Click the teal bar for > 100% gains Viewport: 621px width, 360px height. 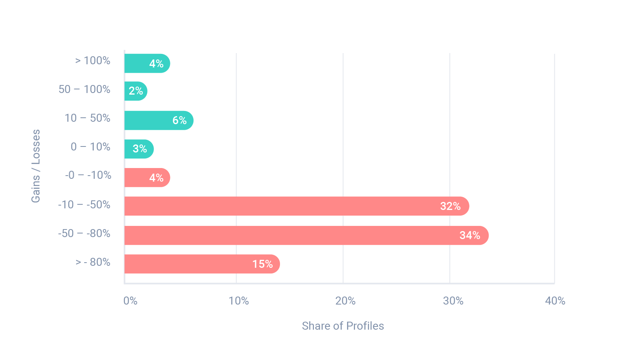pyautogui.click(x=147, y=63)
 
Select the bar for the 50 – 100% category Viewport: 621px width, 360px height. pyautogui.click(x=136, y=91)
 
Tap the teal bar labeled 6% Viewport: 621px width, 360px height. pyautogui.click(x=159, y=121)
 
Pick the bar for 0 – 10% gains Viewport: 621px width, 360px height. pyautogui.click(x=139, y=149)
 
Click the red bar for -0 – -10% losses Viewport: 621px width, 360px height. pyautogui.click(x=147, y=178)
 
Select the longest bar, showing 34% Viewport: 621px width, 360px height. pyautogui.click(x=306, y=235)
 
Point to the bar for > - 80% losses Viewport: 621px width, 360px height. pyautogui.click(x=202, y=264)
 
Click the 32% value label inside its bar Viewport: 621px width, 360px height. pyautogui.click(x=450, y=206)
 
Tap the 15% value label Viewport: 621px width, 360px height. pyautogui.click(x=262, y=264)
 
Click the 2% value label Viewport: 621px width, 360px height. pyautogui.click(x=136, y=91)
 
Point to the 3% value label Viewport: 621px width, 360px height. pyautogui.click(x=140, y=149)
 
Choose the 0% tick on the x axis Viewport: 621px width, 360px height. pyautogui.click(x=130, y=301)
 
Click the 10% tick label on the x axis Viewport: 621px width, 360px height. pyautogui.click(x=239, y=301)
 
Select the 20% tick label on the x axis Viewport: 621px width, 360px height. pyautogui.click(x=345, y=301)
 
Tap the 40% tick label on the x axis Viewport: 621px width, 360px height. pyautogui.click(x=555, y=301)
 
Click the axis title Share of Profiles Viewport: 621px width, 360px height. pyautogui.click(x=343, y=326)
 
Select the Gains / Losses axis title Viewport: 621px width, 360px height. pyautogui.click(x=36, y=166)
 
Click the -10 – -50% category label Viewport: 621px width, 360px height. pyautogui.click(x=84, y=205)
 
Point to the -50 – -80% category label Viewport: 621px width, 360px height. pyautogui.click(x=84, y=233)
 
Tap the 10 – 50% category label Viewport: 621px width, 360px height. pyautogui.click(x=87, y=118)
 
